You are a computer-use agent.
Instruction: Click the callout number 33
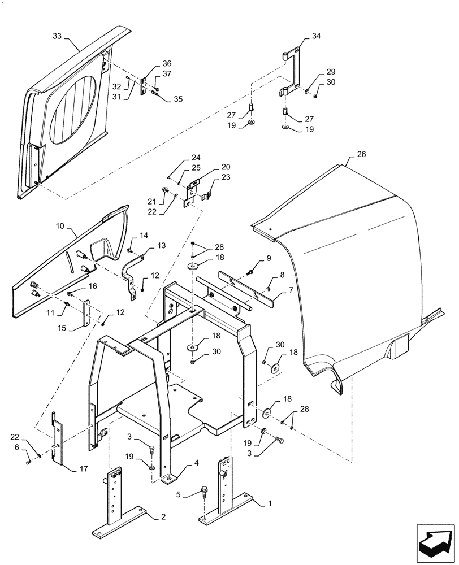pyautogui.click(x=58, y=35)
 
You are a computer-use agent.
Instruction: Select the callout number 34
pyautogui.click(x=315, y=36)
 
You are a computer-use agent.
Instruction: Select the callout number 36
pyautogui.click(x=151, y=63)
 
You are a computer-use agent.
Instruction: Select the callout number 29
pyautogui.click(x=330, y=72)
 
